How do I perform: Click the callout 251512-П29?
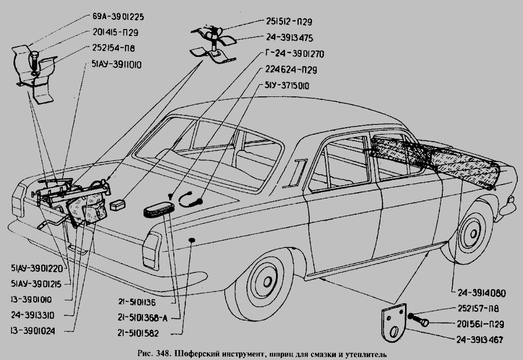[286, 21]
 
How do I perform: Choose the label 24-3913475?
[286, 38]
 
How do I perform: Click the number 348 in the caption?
[161, 353]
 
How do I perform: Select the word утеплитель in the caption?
[359, 353]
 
